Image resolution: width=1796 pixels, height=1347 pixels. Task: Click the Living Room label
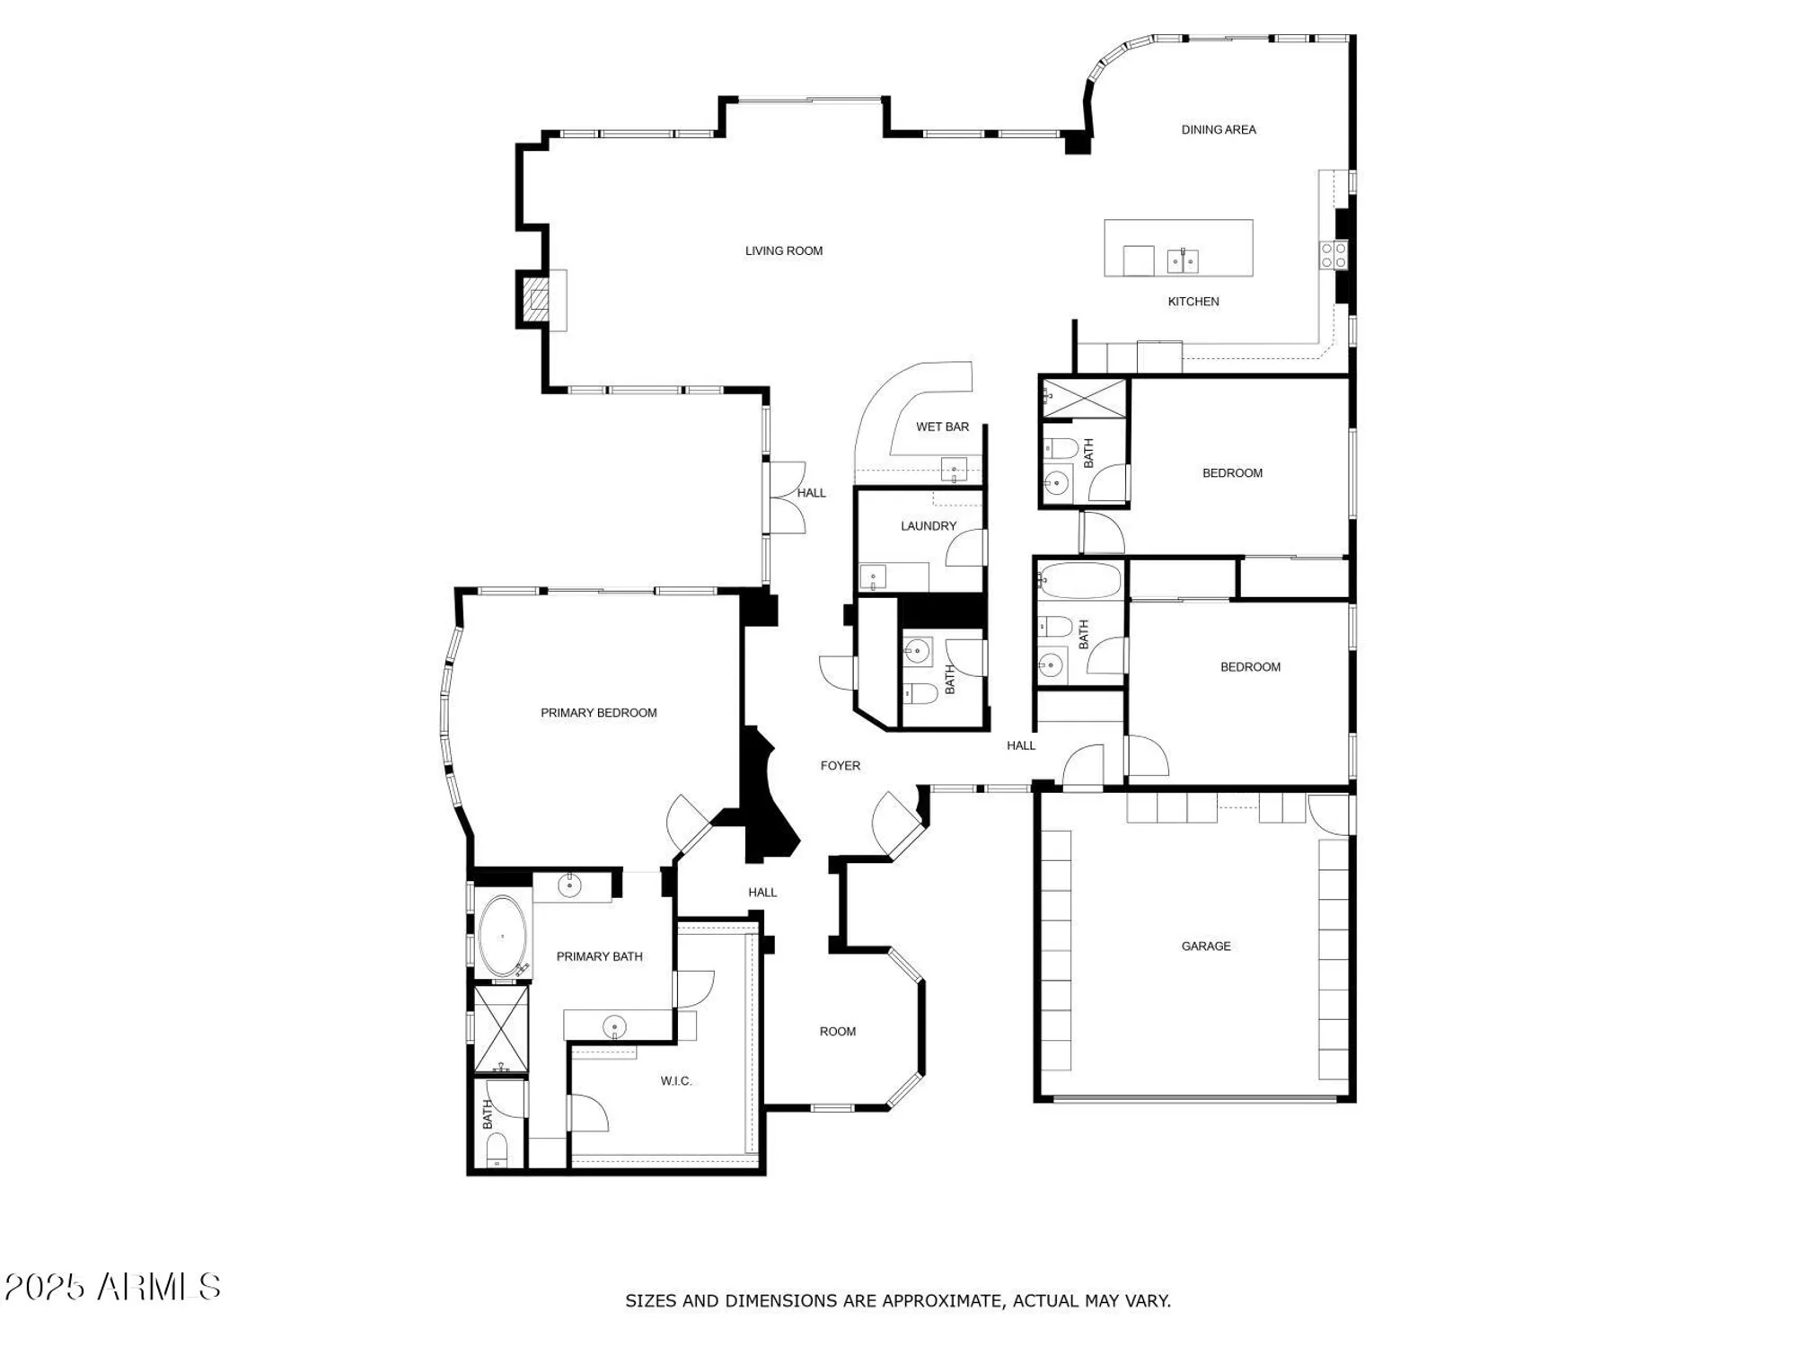tap(783, 251)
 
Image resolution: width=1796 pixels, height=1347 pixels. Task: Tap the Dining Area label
tap(1218, 129)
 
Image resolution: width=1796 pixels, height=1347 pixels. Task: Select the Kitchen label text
tap(1193, 302)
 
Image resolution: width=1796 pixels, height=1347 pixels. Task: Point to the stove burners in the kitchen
tap(1333, 255)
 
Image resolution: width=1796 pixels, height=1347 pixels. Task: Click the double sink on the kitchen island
tap(1182, 261)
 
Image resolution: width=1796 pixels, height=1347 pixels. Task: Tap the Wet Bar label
tap(942, 427)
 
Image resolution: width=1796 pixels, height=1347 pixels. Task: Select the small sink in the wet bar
tap(953, 469)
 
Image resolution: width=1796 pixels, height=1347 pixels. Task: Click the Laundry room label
tap(928, 526)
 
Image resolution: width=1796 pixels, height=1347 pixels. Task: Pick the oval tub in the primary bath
tap(502, 937)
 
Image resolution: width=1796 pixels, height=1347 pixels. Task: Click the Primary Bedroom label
tap(598, 713)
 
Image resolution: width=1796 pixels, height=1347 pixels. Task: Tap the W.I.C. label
tap(675, 1080)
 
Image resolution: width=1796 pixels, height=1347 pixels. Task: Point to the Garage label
tap(1205, 946)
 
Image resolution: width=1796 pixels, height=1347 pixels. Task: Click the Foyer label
tap(840, 766)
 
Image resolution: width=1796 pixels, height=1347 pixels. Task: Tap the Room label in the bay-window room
tap(837, 1032)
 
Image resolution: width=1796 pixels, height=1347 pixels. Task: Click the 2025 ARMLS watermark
tap(112, 1287)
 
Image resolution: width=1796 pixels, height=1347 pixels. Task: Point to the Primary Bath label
tap(599, 956)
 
